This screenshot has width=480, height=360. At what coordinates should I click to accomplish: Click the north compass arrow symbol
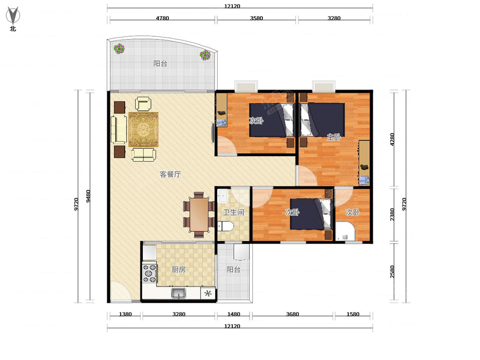[x=13, y=15]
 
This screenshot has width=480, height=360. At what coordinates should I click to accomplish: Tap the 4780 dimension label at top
[x=162, y=18]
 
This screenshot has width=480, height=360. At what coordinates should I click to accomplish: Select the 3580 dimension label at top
[x=256, y=18]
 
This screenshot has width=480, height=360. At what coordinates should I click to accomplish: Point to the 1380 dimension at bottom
[x=125, y=314]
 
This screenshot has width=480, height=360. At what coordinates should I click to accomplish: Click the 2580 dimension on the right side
[x=392, y=272]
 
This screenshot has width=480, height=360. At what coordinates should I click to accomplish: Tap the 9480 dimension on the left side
[x=88, y=196]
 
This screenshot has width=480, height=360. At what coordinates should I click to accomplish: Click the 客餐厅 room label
[x=170, y=174]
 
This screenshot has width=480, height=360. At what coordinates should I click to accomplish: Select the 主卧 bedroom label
[x=334, y=137]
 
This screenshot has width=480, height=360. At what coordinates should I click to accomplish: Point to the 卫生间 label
[x=233, y=212]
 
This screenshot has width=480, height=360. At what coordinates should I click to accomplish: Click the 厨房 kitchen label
[x=178, y=270]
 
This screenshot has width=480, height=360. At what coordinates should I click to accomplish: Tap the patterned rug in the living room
[x=143, y=129]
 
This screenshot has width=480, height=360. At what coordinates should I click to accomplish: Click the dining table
[x=199, y=214]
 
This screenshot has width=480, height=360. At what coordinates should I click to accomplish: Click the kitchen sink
[x=179, y=293]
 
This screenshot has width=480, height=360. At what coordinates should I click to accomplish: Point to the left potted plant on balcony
[x=119, y=48]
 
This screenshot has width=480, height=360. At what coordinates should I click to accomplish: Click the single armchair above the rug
[x=143, y=104]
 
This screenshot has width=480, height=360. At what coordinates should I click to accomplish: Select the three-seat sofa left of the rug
[x=119, y=130]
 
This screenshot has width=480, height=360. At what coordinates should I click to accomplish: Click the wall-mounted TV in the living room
[x=212, y=133]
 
